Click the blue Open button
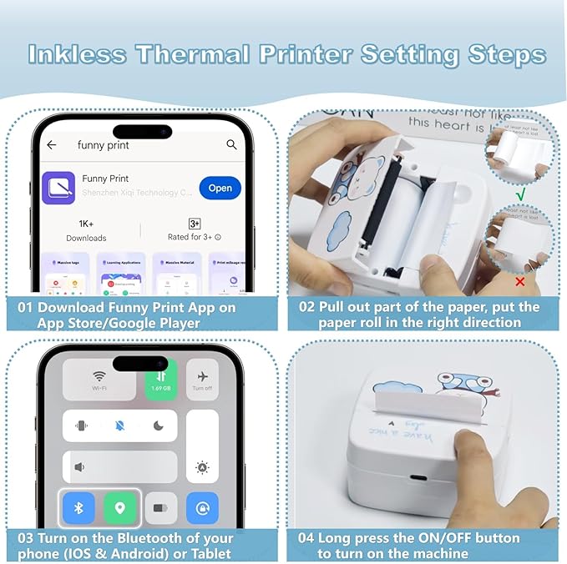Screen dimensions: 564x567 coord(220,188)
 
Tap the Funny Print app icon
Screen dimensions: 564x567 coord(58,188)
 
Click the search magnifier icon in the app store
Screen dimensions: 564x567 coord(232,145)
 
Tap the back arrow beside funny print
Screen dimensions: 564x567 coord(52,145)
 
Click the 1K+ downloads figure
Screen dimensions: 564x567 coord(86,224)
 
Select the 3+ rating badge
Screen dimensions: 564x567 coord(194,224)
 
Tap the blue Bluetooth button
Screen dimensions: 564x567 coord(81,507)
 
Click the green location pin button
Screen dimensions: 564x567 coord(119,507)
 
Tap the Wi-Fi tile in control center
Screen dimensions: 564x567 coord(100,379)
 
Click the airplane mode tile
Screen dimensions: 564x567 coord(201,379)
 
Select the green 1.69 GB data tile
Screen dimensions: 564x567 coord(160,380)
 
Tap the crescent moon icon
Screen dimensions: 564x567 coord(159,426)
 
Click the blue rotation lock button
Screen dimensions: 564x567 coord(201,507)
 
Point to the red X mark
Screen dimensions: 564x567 coord(520,281)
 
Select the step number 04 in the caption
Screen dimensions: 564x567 coord(306,537)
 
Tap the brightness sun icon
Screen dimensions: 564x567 coord(201,468)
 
